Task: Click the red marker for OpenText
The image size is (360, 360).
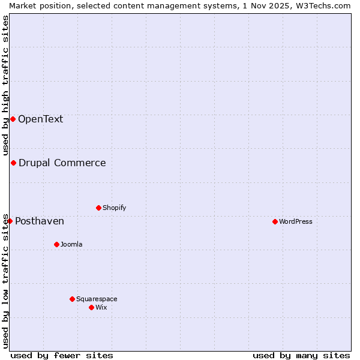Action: pyautogui.click(x=13, y=119)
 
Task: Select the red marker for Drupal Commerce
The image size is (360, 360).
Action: pyautogui.click(x=13, y=163)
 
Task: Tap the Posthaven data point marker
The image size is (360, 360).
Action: pyautogui.click(x=10, y=221)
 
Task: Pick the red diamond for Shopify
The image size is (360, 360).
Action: pyautogui.click(x=98, y=208)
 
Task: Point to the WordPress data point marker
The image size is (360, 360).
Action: pyautogui.click(x=275, y=221)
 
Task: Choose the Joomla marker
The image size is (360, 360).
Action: pyautogui.click(x=56, y=244)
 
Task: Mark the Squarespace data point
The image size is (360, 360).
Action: pyautogui.click(x=72, y=299)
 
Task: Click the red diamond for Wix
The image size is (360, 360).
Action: pyautogui.click(x=91, y=307)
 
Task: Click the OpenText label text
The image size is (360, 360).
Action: pyautogui.click(x=40, y=119)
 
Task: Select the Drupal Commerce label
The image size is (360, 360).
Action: pyautogui.click(x=62, y=163)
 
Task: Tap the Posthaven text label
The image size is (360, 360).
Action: pyautogui.click(x=40, y=221)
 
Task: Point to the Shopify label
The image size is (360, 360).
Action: pyautogui.click(x=114, y=208)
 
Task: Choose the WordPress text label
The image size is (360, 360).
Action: pyautogui.click(x=295, y=221)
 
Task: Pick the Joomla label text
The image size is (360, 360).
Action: pyautogui.click(x=71, y=244)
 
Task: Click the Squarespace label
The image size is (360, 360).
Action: pyautogui.click(x=97, y=299)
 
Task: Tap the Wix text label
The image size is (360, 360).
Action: pyautogui.click(x=101, y=307)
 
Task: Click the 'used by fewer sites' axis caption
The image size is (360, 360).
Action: pyautogui.click(x=62, y=355)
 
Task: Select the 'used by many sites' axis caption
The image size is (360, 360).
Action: pyautogui.click(x=301, y=355)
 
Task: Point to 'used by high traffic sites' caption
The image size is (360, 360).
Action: pyautogui.click(x=5, y=85)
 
